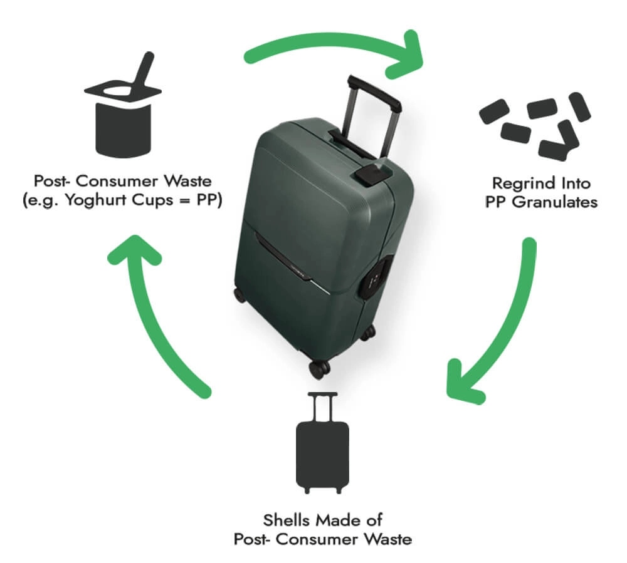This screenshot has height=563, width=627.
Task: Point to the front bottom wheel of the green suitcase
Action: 319,368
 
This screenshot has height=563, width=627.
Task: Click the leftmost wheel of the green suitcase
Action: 240,294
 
